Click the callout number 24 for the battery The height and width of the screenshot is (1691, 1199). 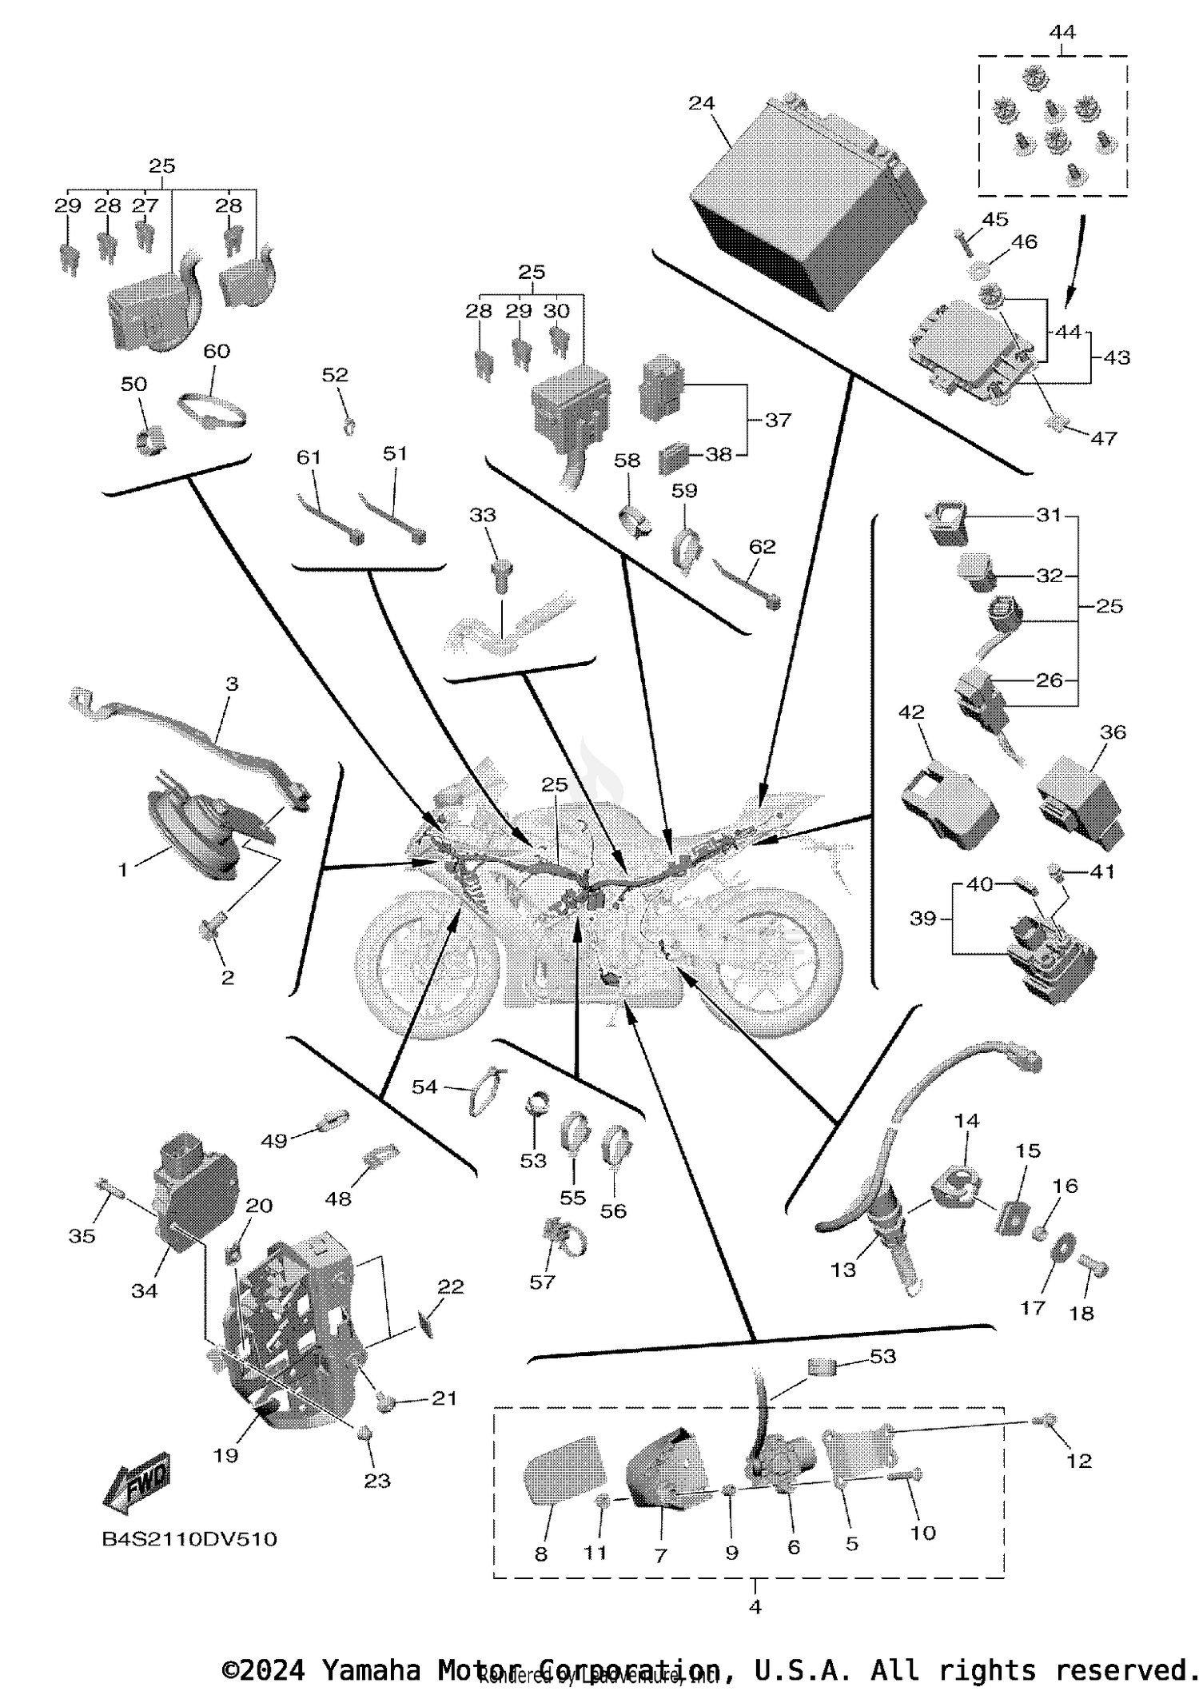(701, 103)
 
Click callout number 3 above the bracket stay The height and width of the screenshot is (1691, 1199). (232, 684)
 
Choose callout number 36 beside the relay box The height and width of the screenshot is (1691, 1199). (1113, 732)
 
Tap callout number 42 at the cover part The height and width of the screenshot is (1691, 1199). (912, 712)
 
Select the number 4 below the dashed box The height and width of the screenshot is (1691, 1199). (755, 1606)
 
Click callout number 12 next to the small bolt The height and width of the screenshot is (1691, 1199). (1079, 1461)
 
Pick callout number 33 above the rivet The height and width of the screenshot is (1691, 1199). (483, 516)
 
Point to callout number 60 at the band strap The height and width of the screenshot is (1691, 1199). (217, 351)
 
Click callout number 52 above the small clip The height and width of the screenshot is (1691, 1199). (336, 374)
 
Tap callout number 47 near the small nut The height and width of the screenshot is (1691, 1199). (1104, 438)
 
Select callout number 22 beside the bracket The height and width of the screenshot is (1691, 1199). (451, 1286)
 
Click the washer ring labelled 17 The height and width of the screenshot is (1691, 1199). (1061, 1248)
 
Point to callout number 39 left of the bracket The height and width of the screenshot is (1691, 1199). (922, 918)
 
